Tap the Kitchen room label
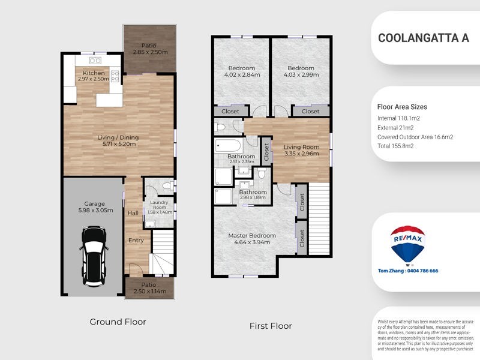[93, 73]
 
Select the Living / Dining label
[120, 137]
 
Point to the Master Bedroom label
[252, 235]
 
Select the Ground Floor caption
[118, 322]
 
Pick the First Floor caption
[271, 326]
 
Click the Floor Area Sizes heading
[402, 107]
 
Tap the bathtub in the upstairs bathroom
[227, 146]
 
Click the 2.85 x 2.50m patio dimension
[150, 52]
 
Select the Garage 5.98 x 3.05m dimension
[93, 211]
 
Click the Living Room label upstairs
[301, 148]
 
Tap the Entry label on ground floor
[136, 240]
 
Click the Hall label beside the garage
[133, 212]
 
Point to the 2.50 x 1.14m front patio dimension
[149, 292]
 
